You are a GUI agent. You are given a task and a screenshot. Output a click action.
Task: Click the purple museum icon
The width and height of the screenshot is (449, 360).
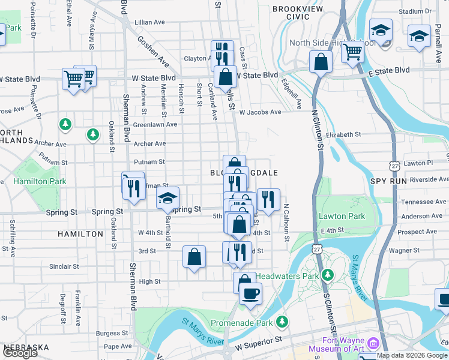(373, 343)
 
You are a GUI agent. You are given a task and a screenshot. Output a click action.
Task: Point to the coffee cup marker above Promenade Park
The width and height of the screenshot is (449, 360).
(250, 294)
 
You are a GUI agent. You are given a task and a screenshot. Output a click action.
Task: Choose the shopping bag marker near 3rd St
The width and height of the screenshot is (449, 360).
(194, 257)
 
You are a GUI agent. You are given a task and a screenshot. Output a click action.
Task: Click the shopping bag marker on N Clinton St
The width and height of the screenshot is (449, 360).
(321, 61)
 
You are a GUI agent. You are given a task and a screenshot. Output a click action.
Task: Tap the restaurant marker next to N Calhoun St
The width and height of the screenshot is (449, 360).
(268, 200)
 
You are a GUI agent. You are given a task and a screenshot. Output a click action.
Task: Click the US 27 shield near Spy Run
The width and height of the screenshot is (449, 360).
(394, 164)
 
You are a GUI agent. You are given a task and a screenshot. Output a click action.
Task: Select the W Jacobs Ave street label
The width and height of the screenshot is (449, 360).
(260, 112)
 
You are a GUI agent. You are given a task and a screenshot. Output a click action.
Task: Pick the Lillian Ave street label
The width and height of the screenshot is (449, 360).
(150, 22)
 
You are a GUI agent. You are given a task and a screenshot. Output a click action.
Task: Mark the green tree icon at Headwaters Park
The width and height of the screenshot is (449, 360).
(327, 275)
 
